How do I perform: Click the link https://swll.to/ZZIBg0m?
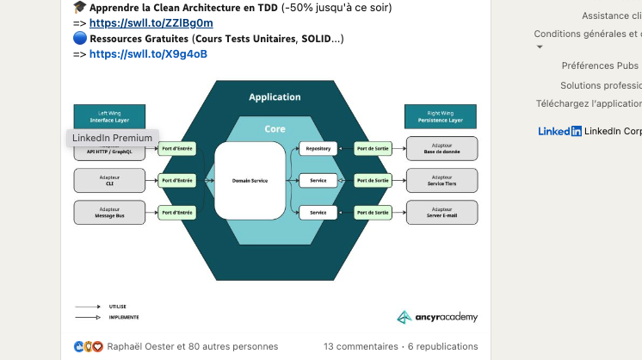(151, 23)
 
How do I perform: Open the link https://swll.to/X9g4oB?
(148, 53)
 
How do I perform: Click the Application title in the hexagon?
(275, 97)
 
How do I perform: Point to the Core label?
(275, 128)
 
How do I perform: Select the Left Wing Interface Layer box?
(108, 116)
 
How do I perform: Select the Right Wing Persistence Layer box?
(441, 116)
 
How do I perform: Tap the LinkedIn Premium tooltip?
(112, 138)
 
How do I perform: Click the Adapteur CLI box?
(109, 180)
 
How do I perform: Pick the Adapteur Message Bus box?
(109, 212)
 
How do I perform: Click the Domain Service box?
(250, 181)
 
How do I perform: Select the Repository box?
(318, 149)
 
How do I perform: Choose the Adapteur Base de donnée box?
(441, 149)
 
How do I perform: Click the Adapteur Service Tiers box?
(441, 180)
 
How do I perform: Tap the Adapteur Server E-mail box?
(441, 212)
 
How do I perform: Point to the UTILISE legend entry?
(117, 306)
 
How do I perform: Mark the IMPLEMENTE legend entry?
(123, 317)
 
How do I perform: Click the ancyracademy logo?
(437, 317)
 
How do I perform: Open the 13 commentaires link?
(361, 346)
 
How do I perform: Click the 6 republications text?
(444, 346)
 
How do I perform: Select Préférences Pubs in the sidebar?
(600, 65)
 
